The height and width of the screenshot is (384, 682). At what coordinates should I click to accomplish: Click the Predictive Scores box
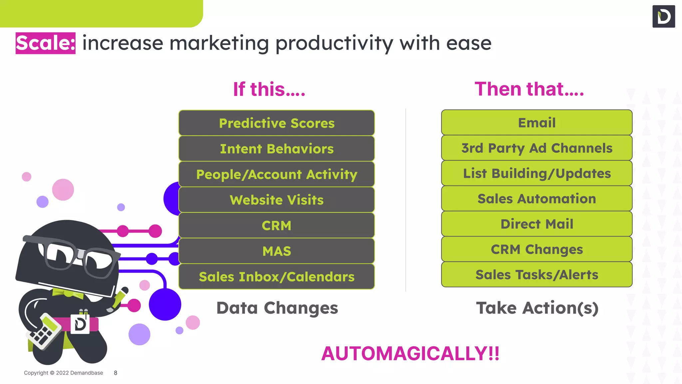(276, 123)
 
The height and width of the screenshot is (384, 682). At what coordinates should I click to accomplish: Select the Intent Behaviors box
(276, 149)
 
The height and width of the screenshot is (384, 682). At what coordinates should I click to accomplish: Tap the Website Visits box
(276, 200)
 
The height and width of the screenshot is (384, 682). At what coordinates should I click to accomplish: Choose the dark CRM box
(276, 226)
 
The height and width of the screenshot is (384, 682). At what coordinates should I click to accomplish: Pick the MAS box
(276, 251)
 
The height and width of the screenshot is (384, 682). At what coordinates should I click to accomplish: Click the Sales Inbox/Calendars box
(276, 277)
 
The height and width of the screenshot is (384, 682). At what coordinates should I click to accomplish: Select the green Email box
(536, 123)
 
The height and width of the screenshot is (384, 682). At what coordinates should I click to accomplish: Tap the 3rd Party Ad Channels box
(536, 148)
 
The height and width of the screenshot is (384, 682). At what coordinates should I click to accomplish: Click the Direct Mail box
(536, 224)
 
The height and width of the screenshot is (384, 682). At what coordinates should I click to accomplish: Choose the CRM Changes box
(536, 249)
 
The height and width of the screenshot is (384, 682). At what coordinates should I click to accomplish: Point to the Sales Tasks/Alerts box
(536, 275)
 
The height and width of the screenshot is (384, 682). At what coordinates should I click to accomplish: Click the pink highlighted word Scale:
(46, 43)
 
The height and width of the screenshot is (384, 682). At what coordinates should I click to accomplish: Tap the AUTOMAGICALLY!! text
(410, 353)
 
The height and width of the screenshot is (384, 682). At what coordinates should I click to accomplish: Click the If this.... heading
(269, 89)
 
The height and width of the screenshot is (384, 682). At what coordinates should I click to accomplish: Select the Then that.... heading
(529, 89)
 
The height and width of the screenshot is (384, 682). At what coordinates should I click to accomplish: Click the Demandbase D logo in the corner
(663, 16)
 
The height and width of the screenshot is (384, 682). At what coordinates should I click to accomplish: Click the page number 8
(116, 373)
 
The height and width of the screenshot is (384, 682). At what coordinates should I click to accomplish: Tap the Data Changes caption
(277, 308)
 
